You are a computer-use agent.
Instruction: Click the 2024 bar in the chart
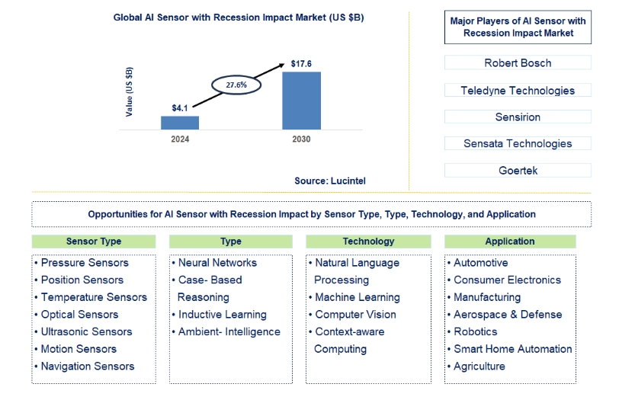[180, 123]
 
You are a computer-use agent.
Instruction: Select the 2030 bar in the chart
[301, 101]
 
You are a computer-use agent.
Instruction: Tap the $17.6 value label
[301, 63]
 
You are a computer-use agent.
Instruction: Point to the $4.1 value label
[180, 108]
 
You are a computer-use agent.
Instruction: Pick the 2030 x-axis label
[301, 139]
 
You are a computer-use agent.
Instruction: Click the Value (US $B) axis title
[129, 92]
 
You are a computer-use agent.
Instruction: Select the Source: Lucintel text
[330, 181]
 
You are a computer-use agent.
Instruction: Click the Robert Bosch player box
[518, 62]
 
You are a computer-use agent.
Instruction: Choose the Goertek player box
[518, 171]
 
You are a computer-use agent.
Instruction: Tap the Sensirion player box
[518, 117]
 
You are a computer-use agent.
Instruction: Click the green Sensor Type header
[94, 242]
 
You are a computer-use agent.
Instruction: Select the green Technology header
[368, 242]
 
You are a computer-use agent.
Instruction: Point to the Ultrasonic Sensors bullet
[83, 331]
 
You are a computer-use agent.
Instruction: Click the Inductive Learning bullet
[220, 315]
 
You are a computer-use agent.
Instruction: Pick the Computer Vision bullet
[352, 315]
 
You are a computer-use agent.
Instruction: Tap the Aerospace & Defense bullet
[505, 315]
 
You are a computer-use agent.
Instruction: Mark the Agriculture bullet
[476, 366]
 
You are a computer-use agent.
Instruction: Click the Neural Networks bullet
[214, 263]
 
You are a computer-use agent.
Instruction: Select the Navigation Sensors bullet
[85, 366]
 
